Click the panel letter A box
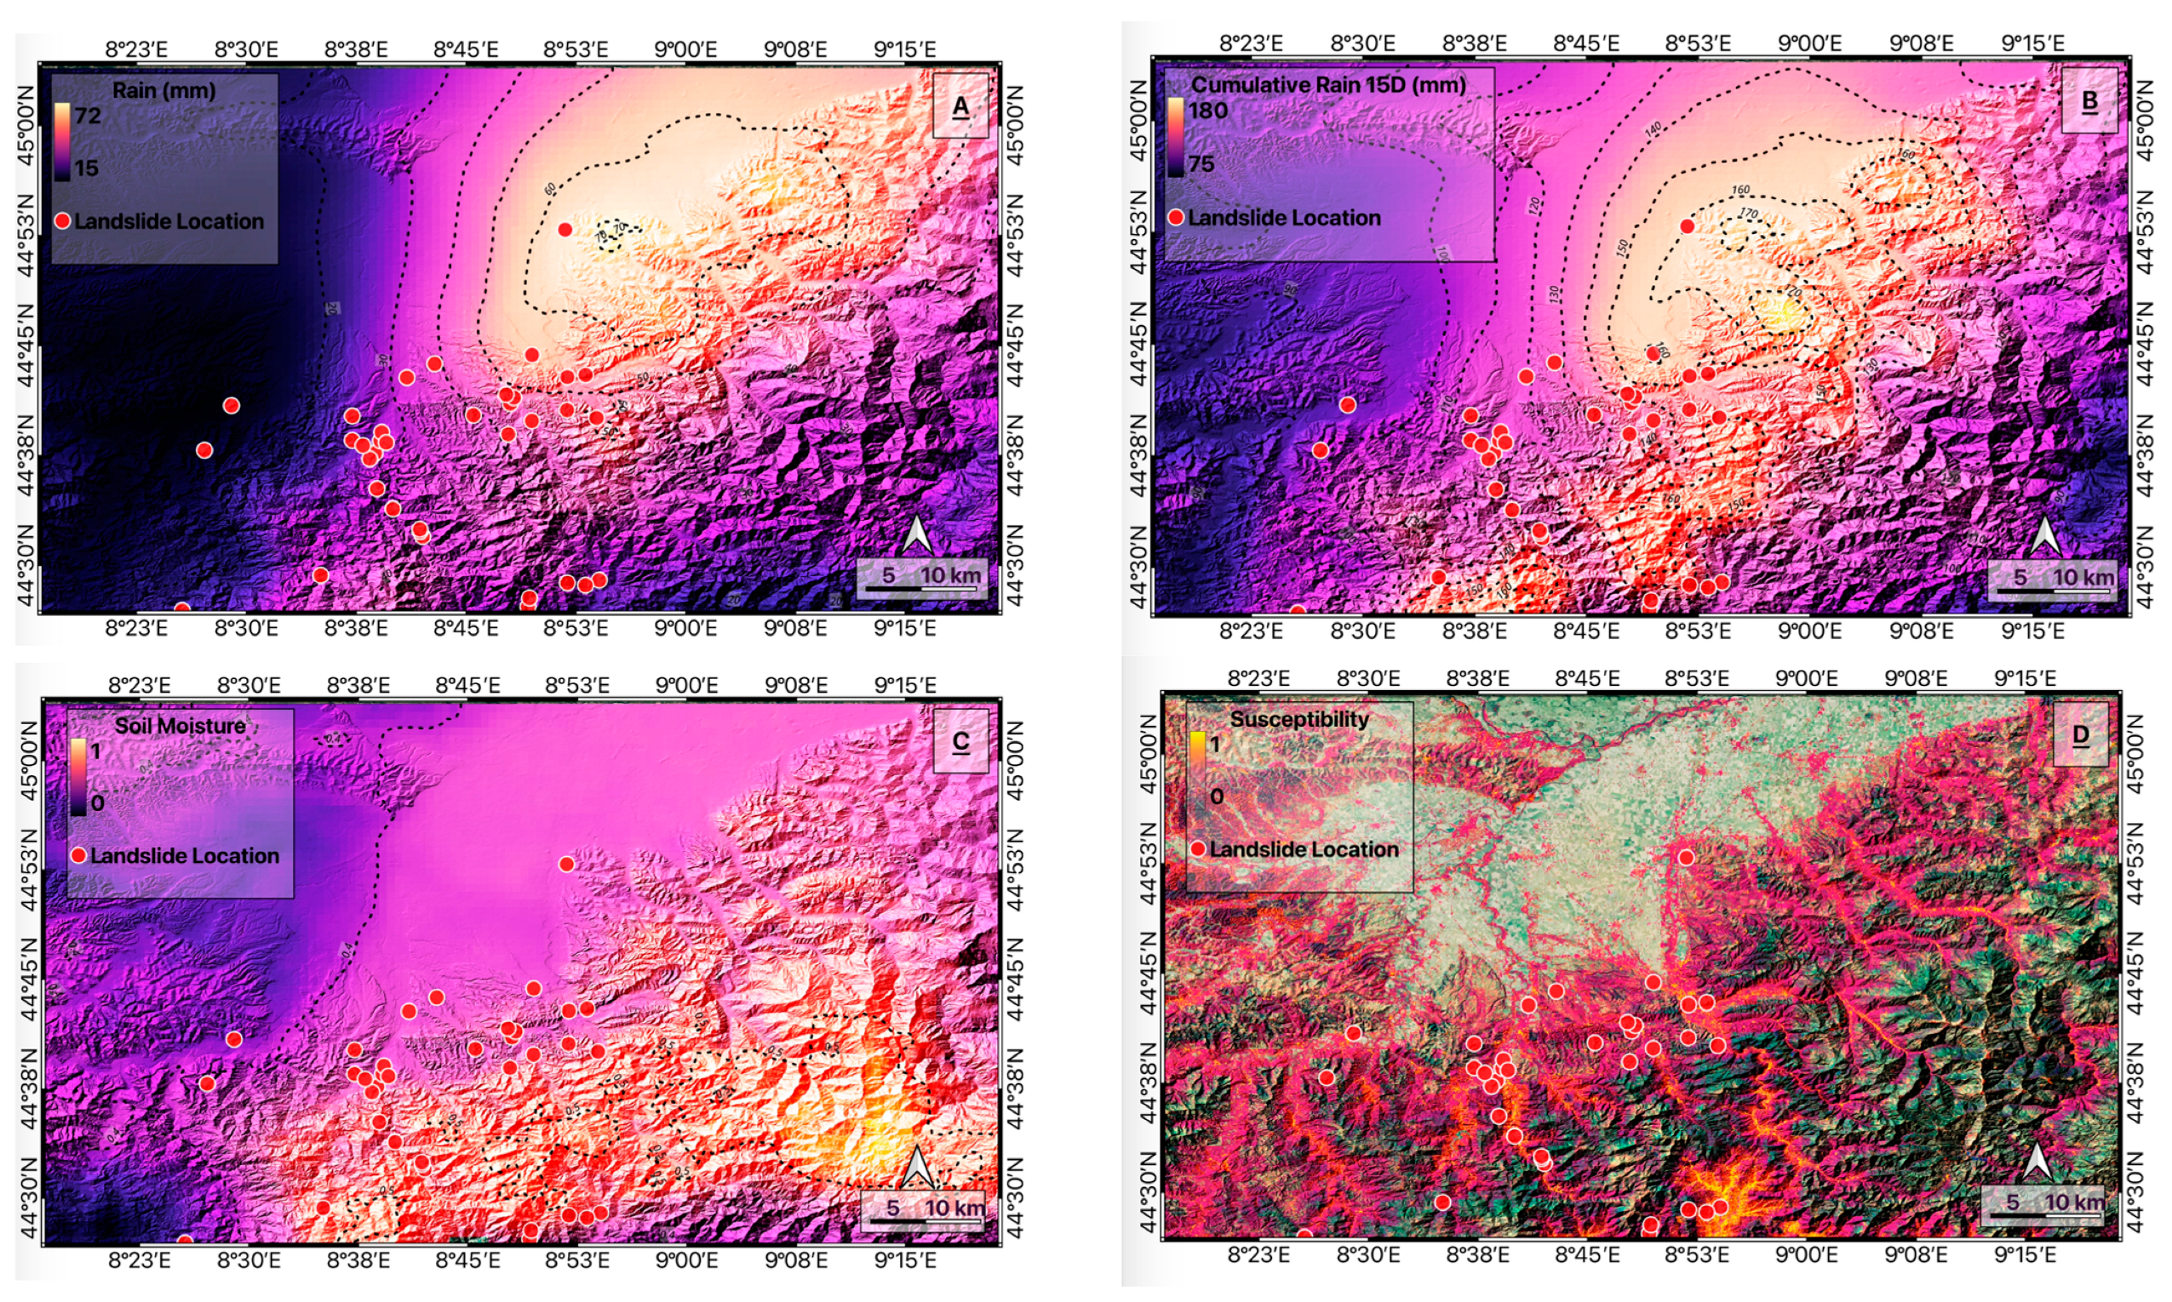[960, 106]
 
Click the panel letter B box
[2089, 101]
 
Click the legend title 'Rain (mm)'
[164, 90]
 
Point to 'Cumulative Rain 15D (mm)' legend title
[1327, 85]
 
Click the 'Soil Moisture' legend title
[180, 726]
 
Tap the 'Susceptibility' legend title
[1298, 719]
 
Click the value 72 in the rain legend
[88, 115]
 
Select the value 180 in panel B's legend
[1208, 111]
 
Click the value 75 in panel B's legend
[1201, 164]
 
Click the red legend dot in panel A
[62, 221]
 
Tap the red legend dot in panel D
[1197, 849]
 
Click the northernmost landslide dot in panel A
[565, 230]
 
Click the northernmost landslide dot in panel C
[566, 865]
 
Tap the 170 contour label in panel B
[1747, 214]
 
